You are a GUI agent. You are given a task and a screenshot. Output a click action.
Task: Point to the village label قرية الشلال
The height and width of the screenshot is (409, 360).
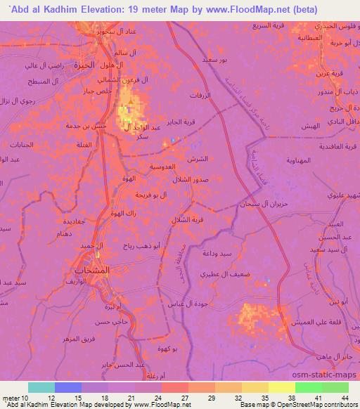click(187, 220)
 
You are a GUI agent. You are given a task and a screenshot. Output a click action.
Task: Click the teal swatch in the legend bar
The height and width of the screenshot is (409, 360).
click(41, 387)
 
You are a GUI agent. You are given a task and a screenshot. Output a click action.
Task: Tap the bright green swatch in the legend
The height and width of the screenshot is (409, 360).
click(309, 387)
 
